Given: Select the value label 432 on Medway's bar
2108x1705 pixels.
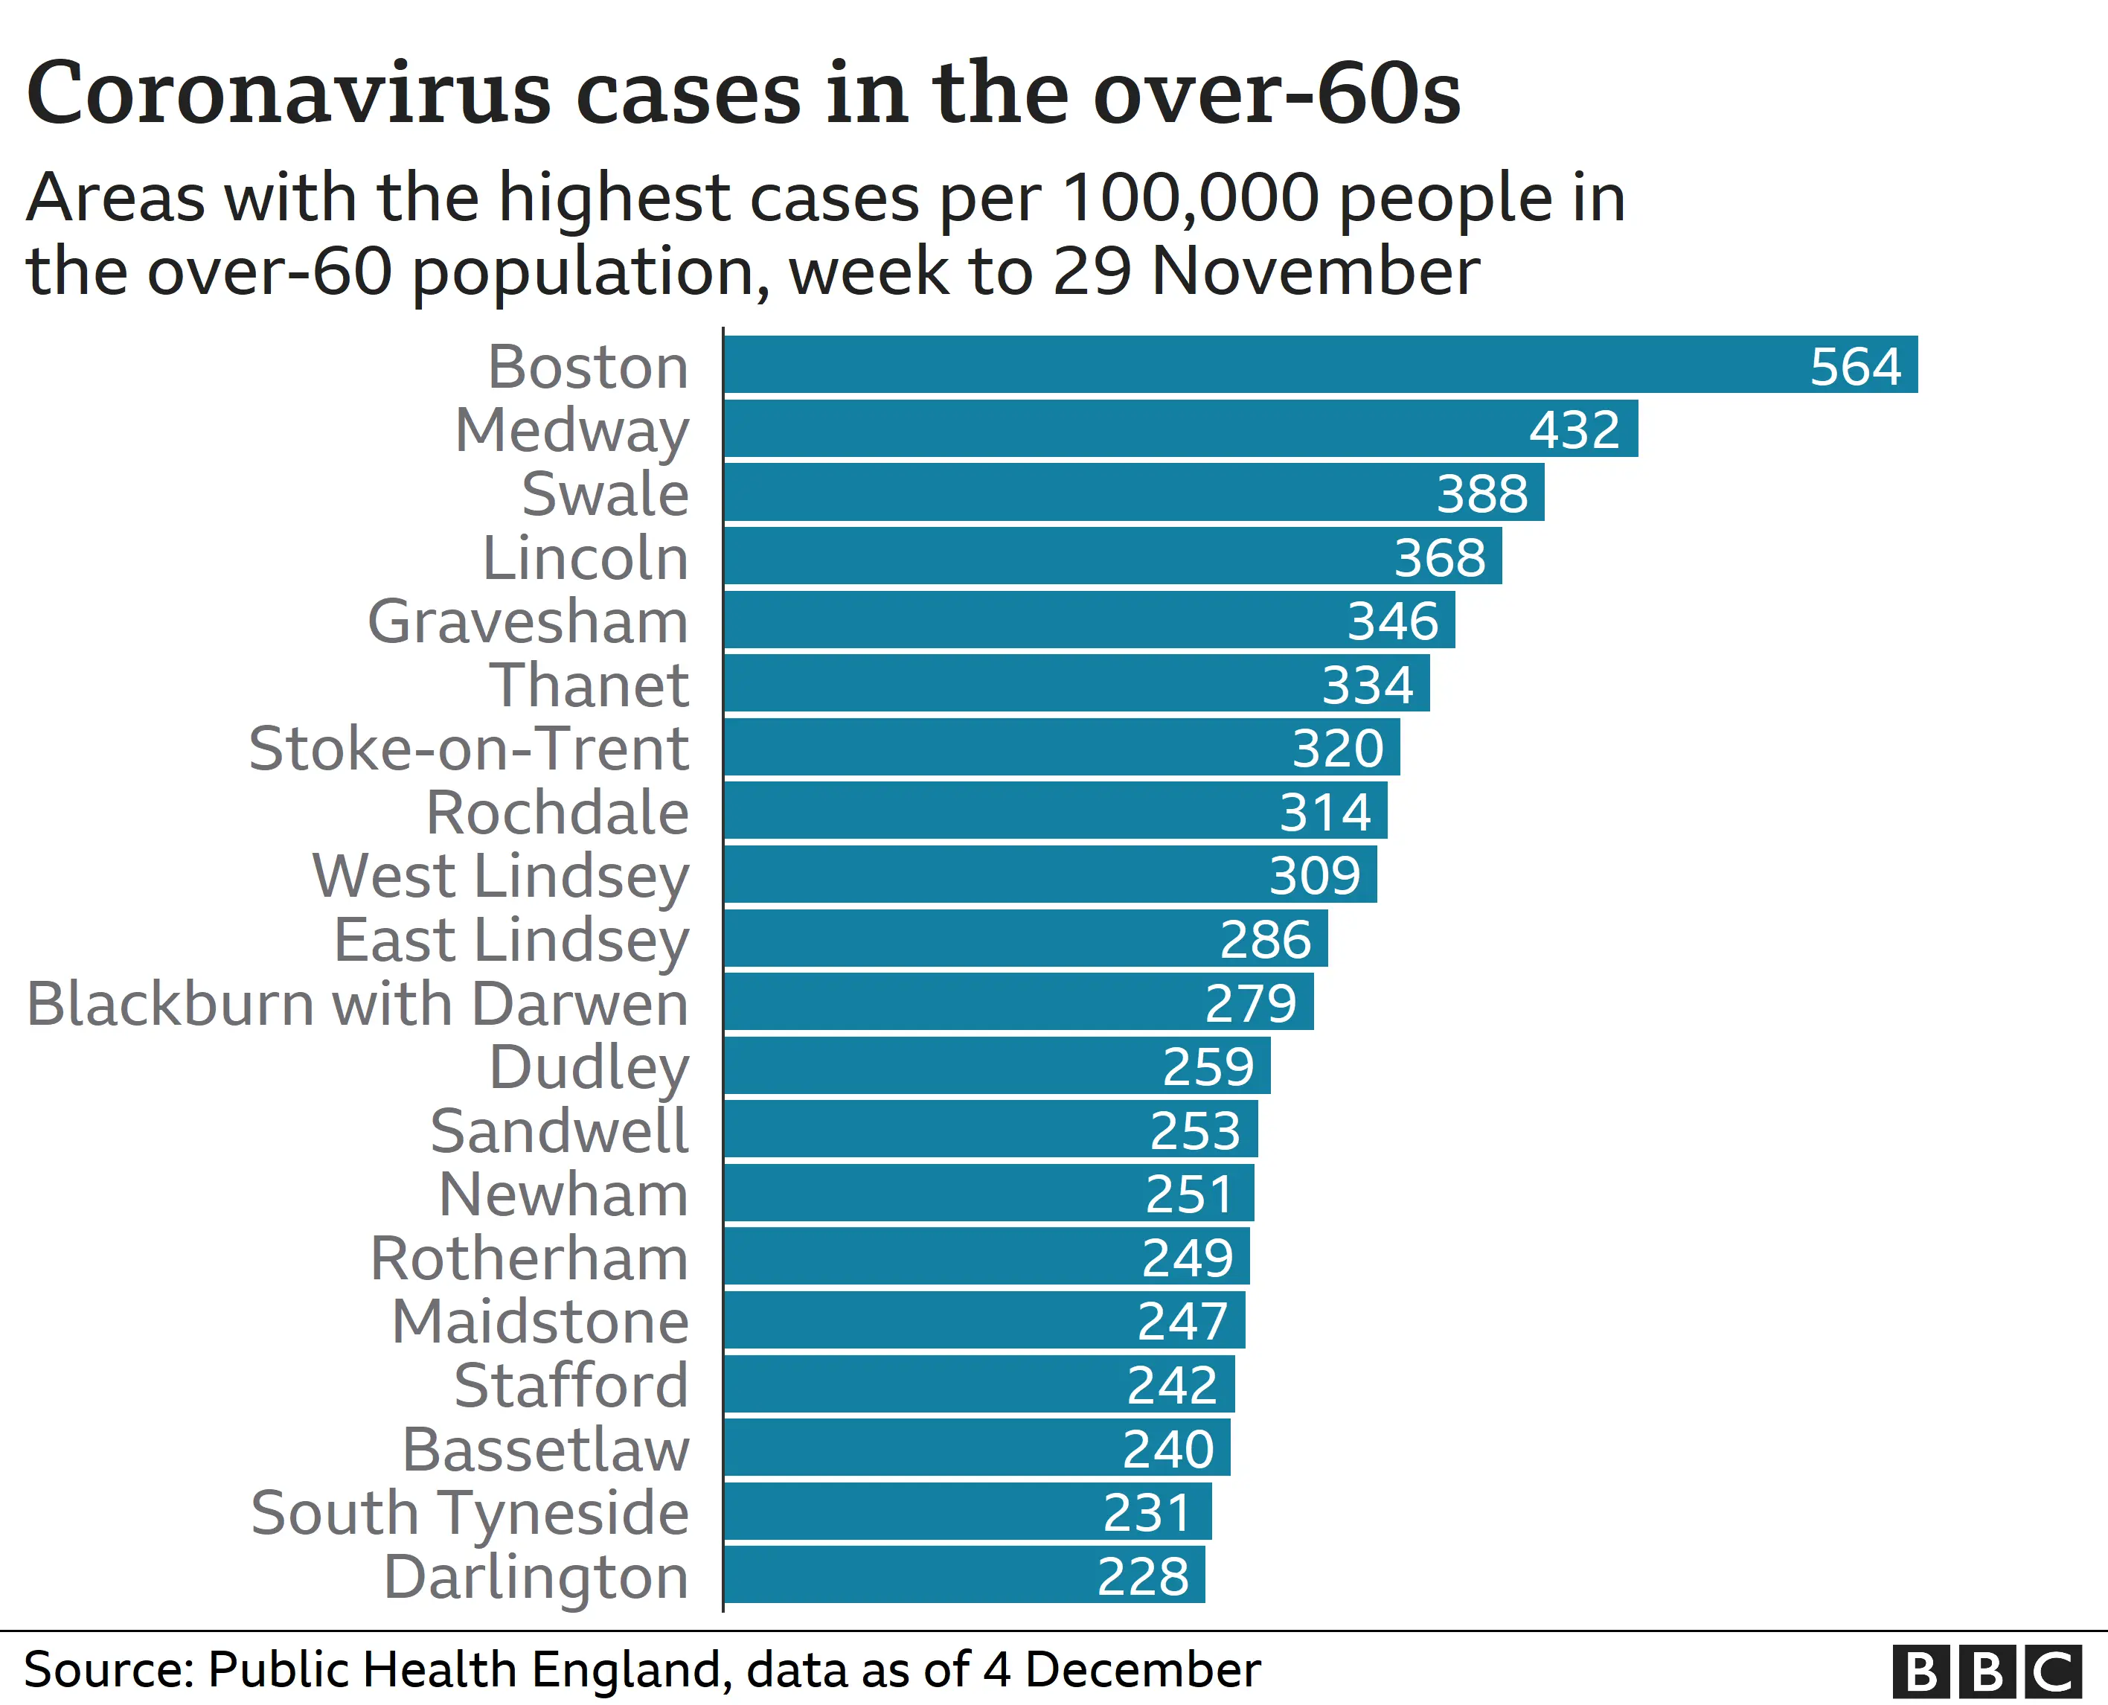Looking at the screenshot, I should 1574,429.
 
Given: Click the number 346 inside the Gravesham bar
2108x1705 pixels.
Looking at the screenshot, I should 1391,621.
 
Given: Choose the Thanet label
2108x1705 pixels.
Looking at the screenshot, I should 589,685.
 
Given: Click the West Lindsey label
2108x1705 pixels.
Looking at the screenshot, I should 501,875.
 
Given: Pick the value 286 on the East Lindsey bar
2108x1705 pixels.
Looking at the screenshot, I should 1265,940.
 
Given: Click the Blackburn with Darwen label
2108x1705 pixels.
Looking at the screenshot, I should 357,1004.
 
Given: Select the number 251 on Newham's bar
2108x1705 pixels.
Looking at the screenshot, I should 1189,1194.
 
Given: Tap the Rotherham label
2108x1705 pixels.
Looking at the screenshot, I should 529,1258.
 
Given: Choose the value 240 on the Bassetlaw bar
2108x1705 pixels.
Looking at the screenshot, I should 1167,1449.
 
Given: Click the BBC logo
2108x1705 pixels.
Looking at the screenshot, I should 1985,1671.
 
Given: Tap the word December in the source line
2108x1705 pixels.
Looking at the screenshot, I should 1142,1669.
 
